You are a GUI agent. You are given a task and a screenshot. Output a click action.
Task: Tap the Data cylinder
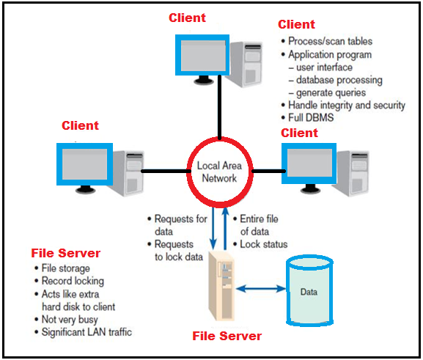coord(309,290)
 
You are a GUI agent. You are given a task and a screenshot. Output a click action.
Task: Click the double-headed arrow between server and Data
coord(260,289)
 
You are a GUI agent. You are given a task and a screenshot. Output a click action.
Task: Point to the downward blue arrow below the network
coord(213,229)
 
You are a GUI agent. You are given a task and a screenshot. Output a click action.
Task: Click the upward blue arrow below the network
coord(225,229)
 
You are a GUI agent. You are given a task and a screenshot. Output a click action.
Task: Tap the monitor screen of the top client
coord(202,55)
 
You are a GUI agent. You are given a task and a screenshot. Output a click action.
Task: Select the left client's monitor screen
coord(84,164)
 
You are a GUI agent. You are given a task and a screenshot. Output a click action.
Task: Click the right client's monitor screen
coord(309,164)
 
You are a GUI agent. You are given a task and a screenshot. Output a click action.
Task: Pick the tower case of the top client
coord(246,65)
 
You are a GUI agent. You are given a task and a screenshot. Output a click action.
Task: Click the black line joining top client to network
coord(220,107)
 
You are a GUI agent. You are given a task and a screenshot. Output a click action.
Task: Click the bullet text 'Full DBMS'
coord(311,117)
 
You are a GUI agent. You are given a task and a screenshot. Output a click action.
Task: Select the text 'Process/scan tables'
coord(330,41)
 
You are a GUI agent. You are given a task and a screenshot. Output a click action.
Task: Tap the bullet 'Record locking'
coord(73,281)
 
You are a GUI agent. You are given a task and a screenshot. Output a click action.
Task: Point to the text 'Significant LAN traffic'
coord(87,332)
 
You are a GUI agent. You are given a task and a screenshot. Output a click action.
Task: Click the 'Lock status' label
coord(264,244)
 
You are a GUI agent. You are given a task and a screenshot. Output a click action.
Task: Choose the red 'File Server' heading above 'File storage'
coord(65,253)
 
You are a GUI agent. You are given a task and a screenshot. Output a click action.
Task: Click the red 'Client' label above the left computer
coord(80,125)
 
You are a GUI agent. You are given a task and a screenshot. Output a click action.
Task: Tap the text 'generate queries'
coord(331,93)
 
